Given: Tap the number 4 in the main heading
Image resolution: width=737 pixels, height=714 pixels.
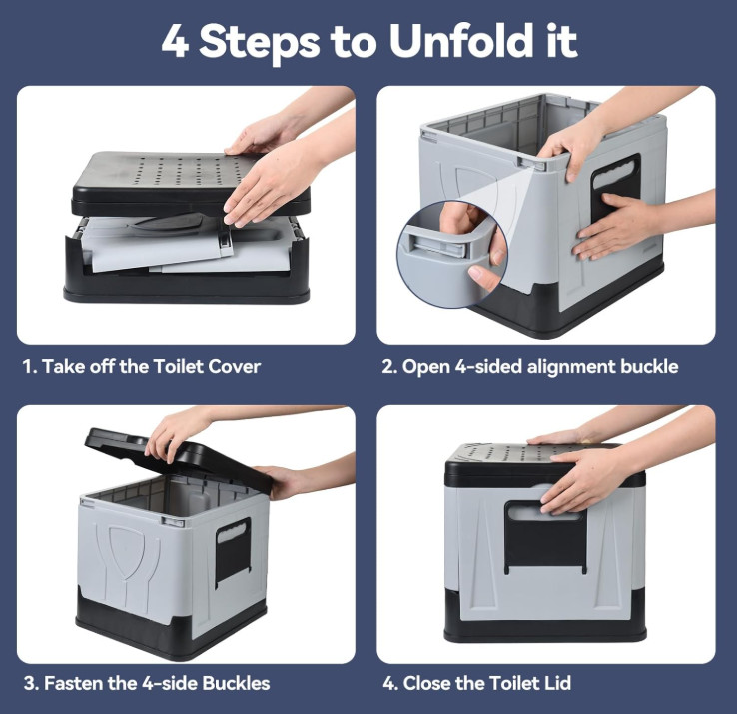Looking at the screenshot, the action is (175, 41).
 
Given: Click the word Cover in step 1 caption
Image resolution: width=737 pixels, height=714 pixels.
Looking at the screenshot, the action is (234, 367).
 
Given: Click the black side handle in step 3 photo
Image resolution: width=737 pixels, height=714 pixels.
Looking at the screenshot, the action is (233, 551).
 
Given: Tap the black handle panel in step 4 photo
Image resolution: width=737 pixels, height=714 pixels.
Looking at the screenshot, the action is (545, 536).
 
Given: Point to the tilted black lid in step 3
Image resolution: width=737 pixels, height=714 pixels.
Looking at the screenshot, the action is (179, 459).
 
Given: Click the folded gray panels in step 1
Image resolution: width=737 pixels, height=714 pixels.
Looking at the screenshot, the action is (184, 246).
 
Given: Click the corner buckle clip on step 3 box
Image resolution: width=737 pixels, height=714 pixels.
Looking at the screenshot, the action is (173, 521).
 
